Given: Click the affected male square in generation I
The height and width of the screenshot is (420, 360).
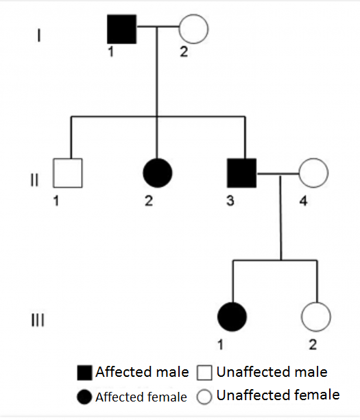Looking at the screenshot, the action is coord(121,29).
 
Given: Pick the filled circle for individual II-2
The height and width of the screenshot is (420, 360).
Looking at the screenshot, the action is coord(158,173).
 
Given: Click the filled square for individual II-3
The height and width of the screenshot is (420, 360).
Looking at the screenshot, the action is coord(242,173).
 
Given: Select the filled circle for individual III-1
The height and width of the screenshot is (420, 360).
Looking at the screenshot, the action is coord(232,317).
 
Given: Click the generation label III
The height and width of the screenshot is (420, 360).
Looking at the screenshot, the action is coord(38,320).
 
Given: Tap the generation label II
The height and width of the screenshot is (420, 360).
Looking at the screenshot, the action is coord(34,180).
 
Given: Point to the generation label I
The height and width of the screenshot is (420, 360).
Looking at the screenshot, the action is coord(39,36).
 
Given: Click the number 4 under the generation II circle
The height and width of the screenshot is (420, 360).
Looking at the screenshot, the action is coord(303,201).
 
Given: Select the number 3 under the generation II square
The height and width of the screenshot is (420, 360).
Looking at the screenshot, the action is coord(230,201).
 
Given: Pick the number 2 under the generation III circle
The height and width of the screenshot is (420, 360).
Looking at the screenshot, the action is coord(313,345).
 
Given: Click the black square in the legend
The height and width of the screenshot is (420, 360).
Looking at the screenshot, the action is coord(85,373).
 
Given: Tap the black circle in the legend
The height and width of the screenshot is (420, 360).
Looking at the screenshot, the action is coord(84,397).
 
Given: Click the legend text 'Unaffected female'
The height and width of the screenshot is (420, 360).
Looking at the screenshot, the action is coord(278,395).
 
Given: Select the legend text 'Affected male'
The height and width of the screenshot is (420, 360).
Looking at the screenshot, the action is coord(143,372).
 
